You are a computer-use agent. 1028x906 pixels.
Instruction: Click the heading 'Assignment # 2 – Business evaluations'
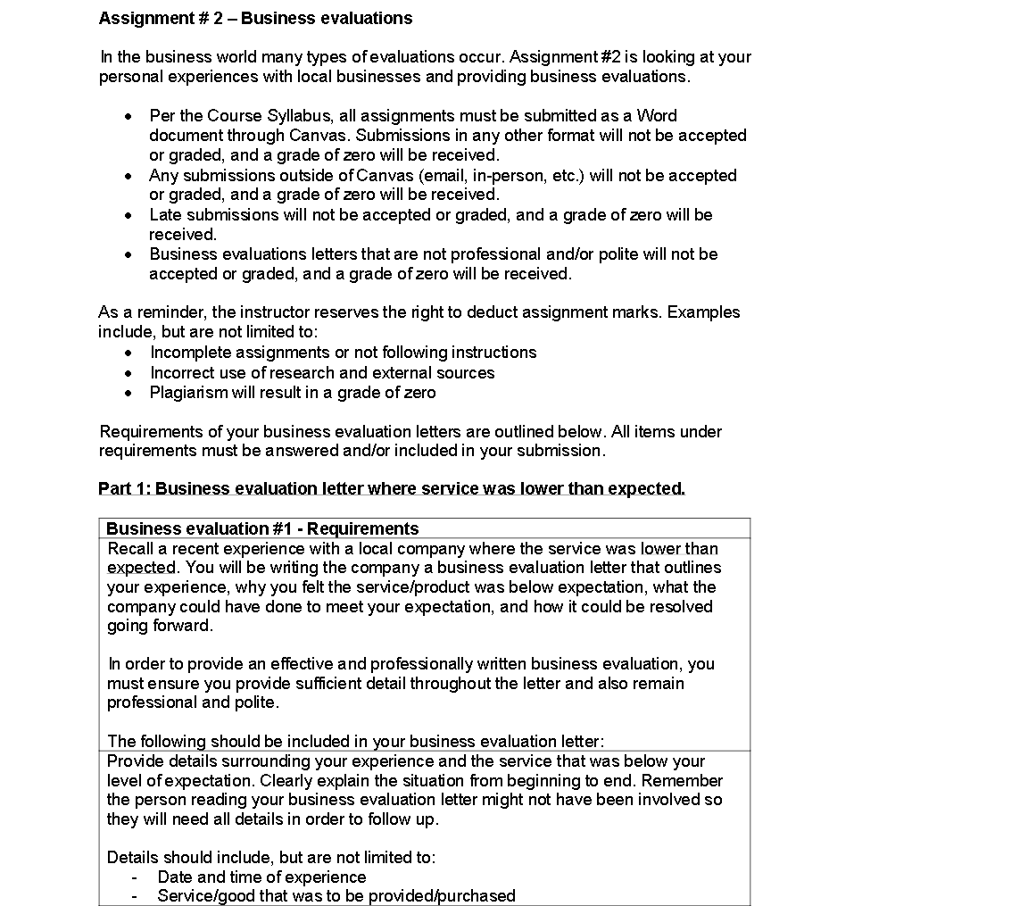[x=255, y=18]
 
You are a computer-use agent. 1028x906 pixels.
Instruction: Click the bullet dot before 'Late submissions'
[x=129, y=215]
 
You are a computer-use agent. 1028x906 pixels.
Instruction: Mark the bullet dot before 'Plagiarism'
[x=129, y=393]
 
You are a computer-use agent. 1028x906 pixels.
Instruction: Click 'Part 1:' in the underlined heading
[x=124, y=489]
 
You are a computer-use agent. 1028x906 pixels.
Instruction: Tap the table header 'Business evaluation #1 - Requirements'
[x=262, y=528]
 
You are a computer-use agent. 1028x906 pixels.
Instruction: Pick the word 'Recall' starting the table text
[x=130, y=549]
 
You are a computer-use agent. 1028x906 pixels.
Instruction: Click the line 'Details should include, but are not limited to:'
[x=271, y=858]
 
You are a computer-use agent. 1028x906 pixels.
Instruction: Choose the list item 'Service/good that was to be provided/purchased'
[x=336, y=895]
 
